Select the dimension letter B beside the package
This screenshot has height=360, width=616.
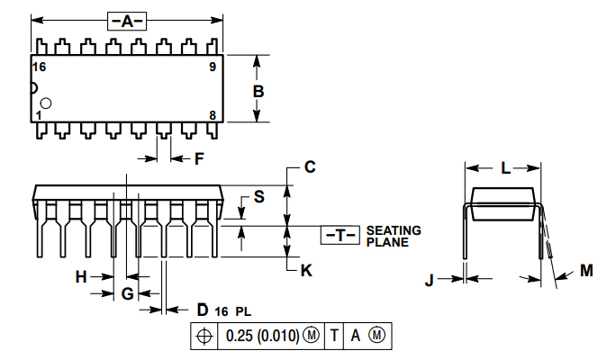[258, 92]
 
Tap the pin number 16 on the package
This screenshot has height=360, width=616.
[40, 67]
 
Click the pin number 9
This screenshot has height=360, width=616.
[213, 67]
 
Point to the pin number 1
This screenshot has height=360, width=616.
[39, 115]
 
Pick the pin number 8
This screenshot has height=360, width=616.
[213, 115]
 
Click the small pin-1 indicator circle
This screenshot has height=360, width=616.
[46, 104]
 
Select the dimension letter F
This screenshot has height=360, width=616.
[200, 159]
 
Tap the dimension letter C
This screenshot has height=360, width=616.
[309, 167]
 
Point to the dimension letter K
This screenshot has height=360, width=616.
[307, 269]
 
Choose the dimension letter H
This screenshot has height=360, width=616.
[81, 277]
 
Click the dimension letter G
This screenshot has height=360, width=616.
[127, 293]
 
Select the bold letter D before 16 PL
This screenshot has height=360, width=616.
[202, 309]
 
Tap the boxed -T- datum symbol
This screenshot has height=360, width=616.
[340, 235]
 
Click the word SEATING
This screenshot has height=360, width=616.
[394, 230]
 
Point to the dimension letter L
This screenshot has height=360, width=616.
[505, 167]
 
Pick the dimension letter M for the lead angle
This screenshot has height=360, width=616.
[586, 270]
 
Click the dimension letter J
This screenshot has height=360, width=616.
[430, 280]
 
